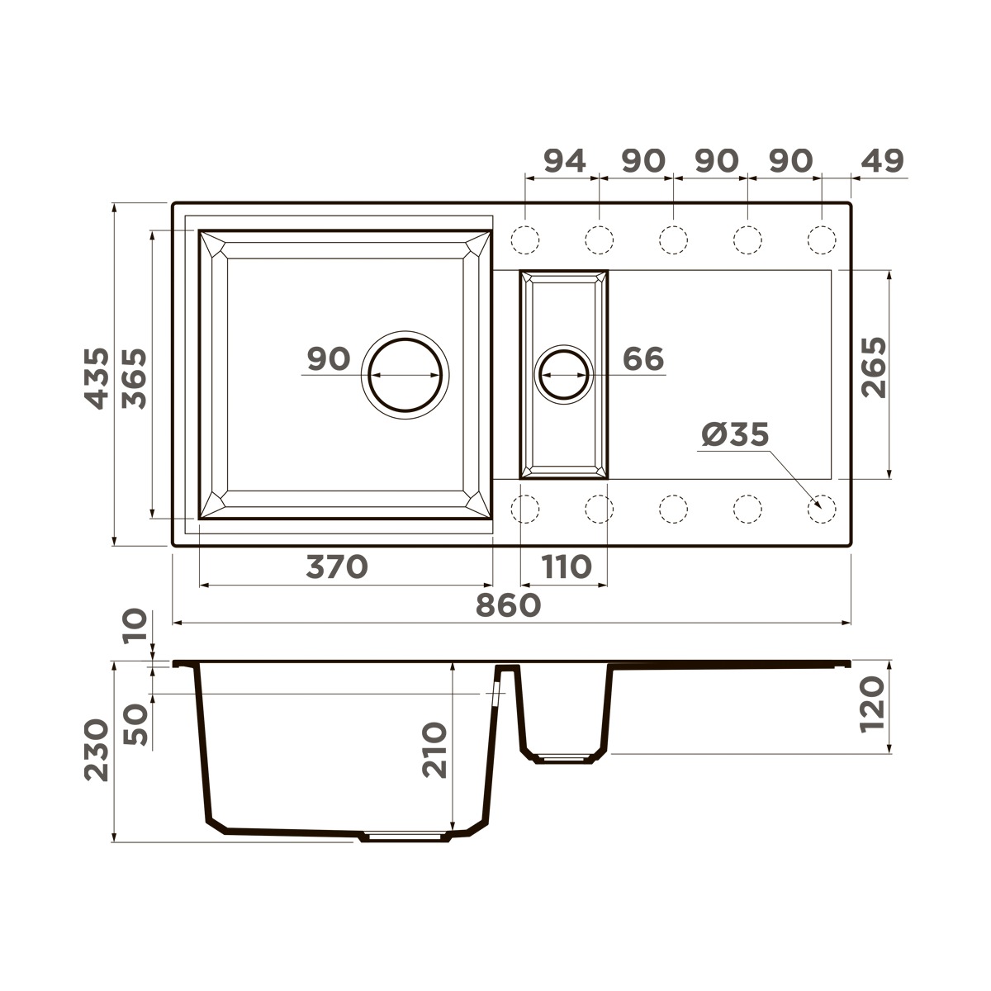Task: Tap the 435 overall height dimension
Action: click(97, 378)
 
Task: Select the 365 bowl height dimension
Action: click(135, 378)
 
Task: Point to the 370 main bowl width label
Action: click(337, 567)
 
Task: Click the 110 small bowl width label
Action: click(567, 567)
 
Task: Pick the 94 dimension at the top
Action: click(565, 161)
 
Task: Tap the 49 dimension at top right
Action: click(883, 161)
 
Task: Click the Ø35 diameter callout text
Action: click(736, 434)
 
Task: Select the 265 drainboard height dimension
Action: click(874, 367)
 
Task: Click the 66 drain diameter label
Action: click(643, 359)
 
